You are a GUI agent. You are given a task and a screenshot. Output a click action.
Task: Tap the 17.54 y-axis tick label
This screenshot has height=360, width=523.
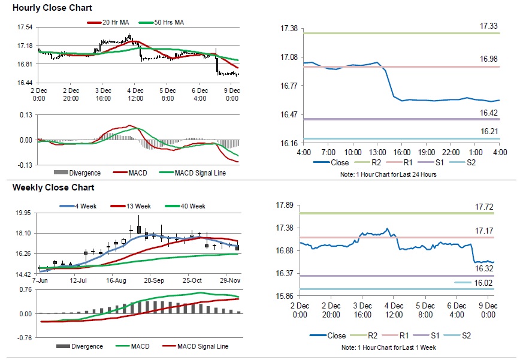coord(25,27)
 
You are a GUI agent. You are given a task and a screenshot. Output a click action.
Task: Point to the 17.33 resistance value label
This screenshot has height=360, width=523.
coord(489,26)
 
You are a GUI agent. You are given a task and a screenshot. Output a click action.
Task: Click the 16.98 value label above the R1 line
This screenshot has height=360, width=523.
coord(489,59)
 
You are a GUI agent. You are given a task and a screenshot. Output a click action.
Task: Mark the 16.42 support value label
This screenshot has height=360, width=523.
coord(489,113)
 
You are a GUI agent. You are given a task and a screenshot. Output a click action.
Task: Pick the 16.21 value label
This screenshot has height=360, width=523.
coord(489,131)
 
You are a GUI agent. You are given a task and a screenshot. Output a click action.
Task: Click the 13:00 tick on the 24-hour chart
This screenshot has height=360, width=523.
coord(378,153)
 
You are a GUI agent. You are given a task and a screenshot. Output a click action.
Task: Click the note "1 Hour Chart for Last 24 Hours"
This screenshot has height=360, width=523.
coord(398,174)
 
